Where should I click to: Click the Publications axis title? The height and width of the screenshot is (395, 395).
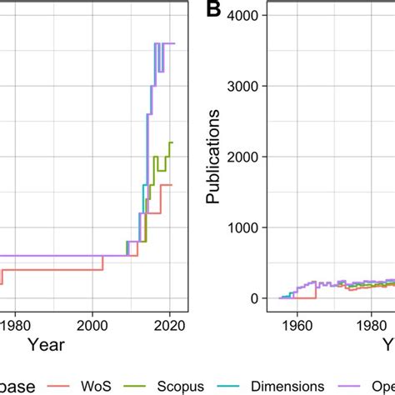(214, 157)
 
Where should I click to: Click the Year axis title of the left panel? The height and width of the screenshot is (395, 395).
(45, 342)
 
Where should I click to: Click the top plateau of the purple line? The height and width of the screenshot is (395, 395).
(167, 43)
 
